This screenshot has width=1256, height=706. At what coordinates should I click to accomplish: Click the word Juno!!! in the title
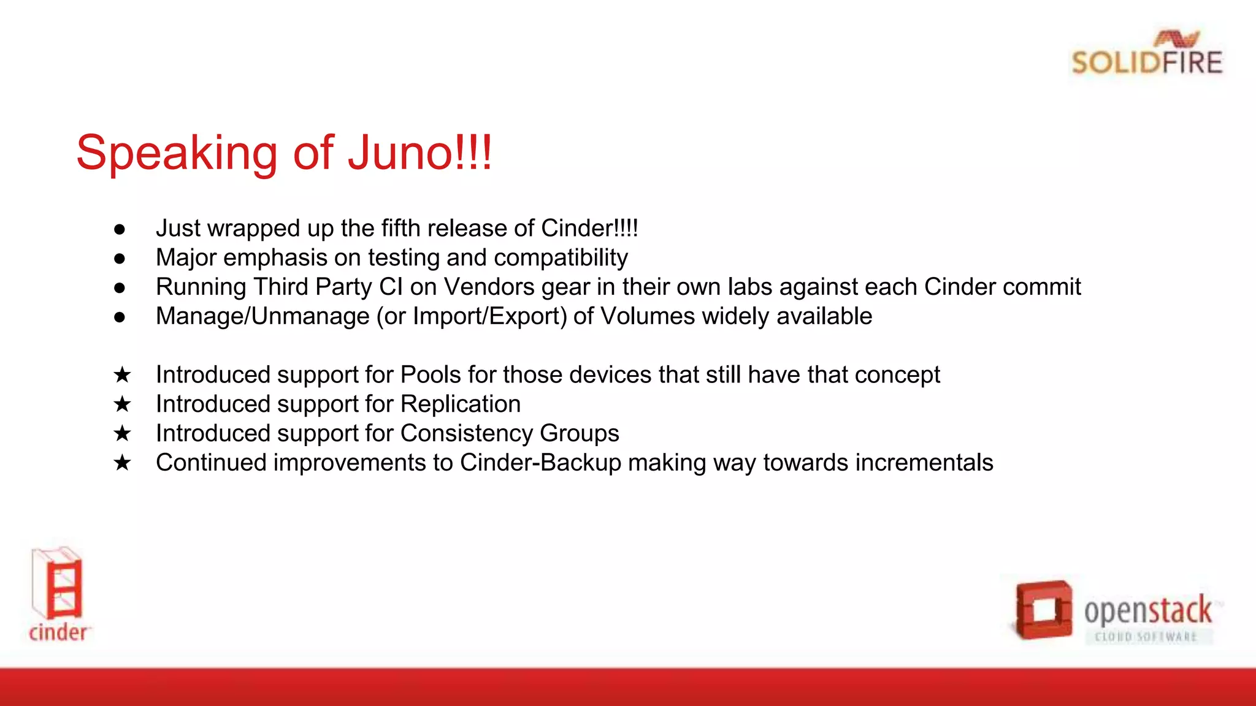[419, 153]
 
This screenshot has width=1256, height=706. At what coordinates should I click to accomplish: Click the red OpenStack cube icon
[1043, 610]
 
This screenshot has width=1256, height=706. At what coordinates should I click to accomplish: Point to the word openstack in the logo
[1147, 610]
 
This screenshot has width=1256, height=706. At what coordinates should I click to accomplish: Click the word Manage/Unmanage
[262, 317]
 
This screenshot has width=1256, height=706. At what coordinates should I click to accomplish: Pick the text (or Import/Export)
[472, 317]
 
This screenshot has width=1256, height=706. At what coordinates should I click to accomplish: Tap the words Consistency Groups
[510, 434]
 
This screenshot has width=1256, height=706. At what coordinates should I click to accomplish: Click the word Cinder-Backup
[540, 463]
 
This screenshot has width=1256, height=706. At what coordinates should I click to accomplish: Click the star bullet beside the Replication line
[122, 404]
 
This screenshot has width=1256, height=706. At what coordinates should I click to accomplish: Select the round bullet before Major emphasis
[120, 259]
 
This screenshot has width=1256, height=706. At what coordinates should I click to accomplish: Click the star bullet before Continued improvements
[122, 463]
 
